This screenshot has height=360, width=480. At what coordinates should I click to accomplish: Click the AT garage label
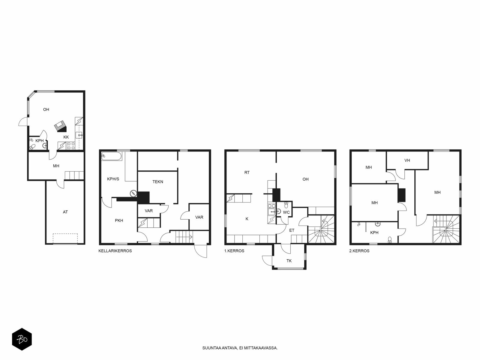(x=65, y=212)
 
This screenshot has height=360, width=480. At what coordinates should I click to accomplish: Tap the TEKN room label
(x=158, y=181)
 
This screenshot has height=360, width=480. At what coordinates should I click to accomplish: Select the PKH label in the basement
(x=119, y=220)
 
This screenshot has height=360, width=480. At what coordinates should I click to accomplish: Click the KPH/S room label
(x=113, y=179)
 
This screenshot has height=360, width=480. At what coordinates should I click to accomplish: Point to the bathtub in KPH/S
(x=111, y=156)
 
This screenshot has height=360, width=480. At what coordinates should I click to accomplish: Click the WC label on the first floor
(x=286, y=212)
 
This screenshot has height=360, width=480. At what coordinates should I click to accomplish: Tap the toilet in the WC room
(x=286, y=205)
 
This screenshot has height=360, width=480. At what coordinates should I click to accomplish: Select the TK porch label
(x=289, y=261)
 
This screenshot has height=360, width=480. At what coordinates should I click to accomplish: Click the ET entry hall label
(x=292, y=230)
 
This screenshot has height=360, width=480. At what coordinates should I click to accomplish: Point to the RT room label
(x=247, y=172)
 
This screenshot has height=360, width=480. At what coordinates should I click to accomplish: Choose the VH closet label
(x=407, y=160)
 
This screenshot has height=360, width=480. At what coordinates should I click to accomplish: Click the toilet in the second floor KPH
(x=390, y=240)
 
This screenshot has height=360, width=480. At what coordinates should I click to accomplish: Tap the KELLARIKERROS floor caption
(x=115, y=251)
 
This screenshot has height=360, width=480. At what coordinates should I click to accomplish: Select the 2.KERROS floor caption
(x=359, y=251)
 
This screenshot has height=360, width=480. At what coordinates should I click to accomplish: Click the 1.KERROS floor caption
(x=234, y=251)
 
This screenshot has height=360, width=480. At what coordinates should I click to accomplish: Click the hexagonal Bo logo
(x=22, y=339)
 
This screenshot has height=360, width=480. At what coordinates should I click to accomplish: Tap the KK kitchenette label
(x=66, y=137)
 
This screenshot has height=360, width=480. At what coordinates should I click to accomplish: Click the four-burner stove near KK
(x=71, y=145)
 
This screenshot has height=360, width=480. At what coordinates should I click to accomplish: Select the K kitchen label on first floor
(x=247, y=219)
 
